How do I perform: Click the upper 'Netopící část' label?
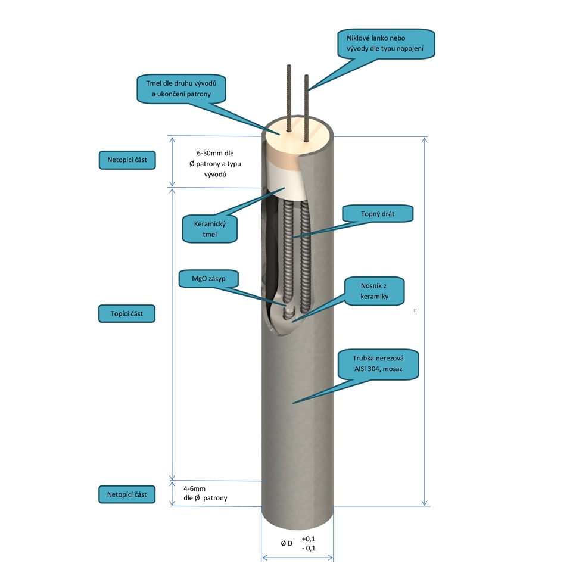[126, 160]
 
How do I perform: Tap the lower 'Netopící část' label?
[126, 494]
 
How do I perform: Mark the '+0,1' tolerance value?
[309, 538]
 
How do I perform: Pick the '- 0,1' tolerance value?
[309, 548]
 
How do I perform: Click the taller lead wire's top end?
[287, 66]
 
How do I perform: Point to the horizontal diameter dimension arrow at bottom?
[297, 559]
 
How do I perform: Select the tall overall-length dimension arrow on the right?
[424, 322]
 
